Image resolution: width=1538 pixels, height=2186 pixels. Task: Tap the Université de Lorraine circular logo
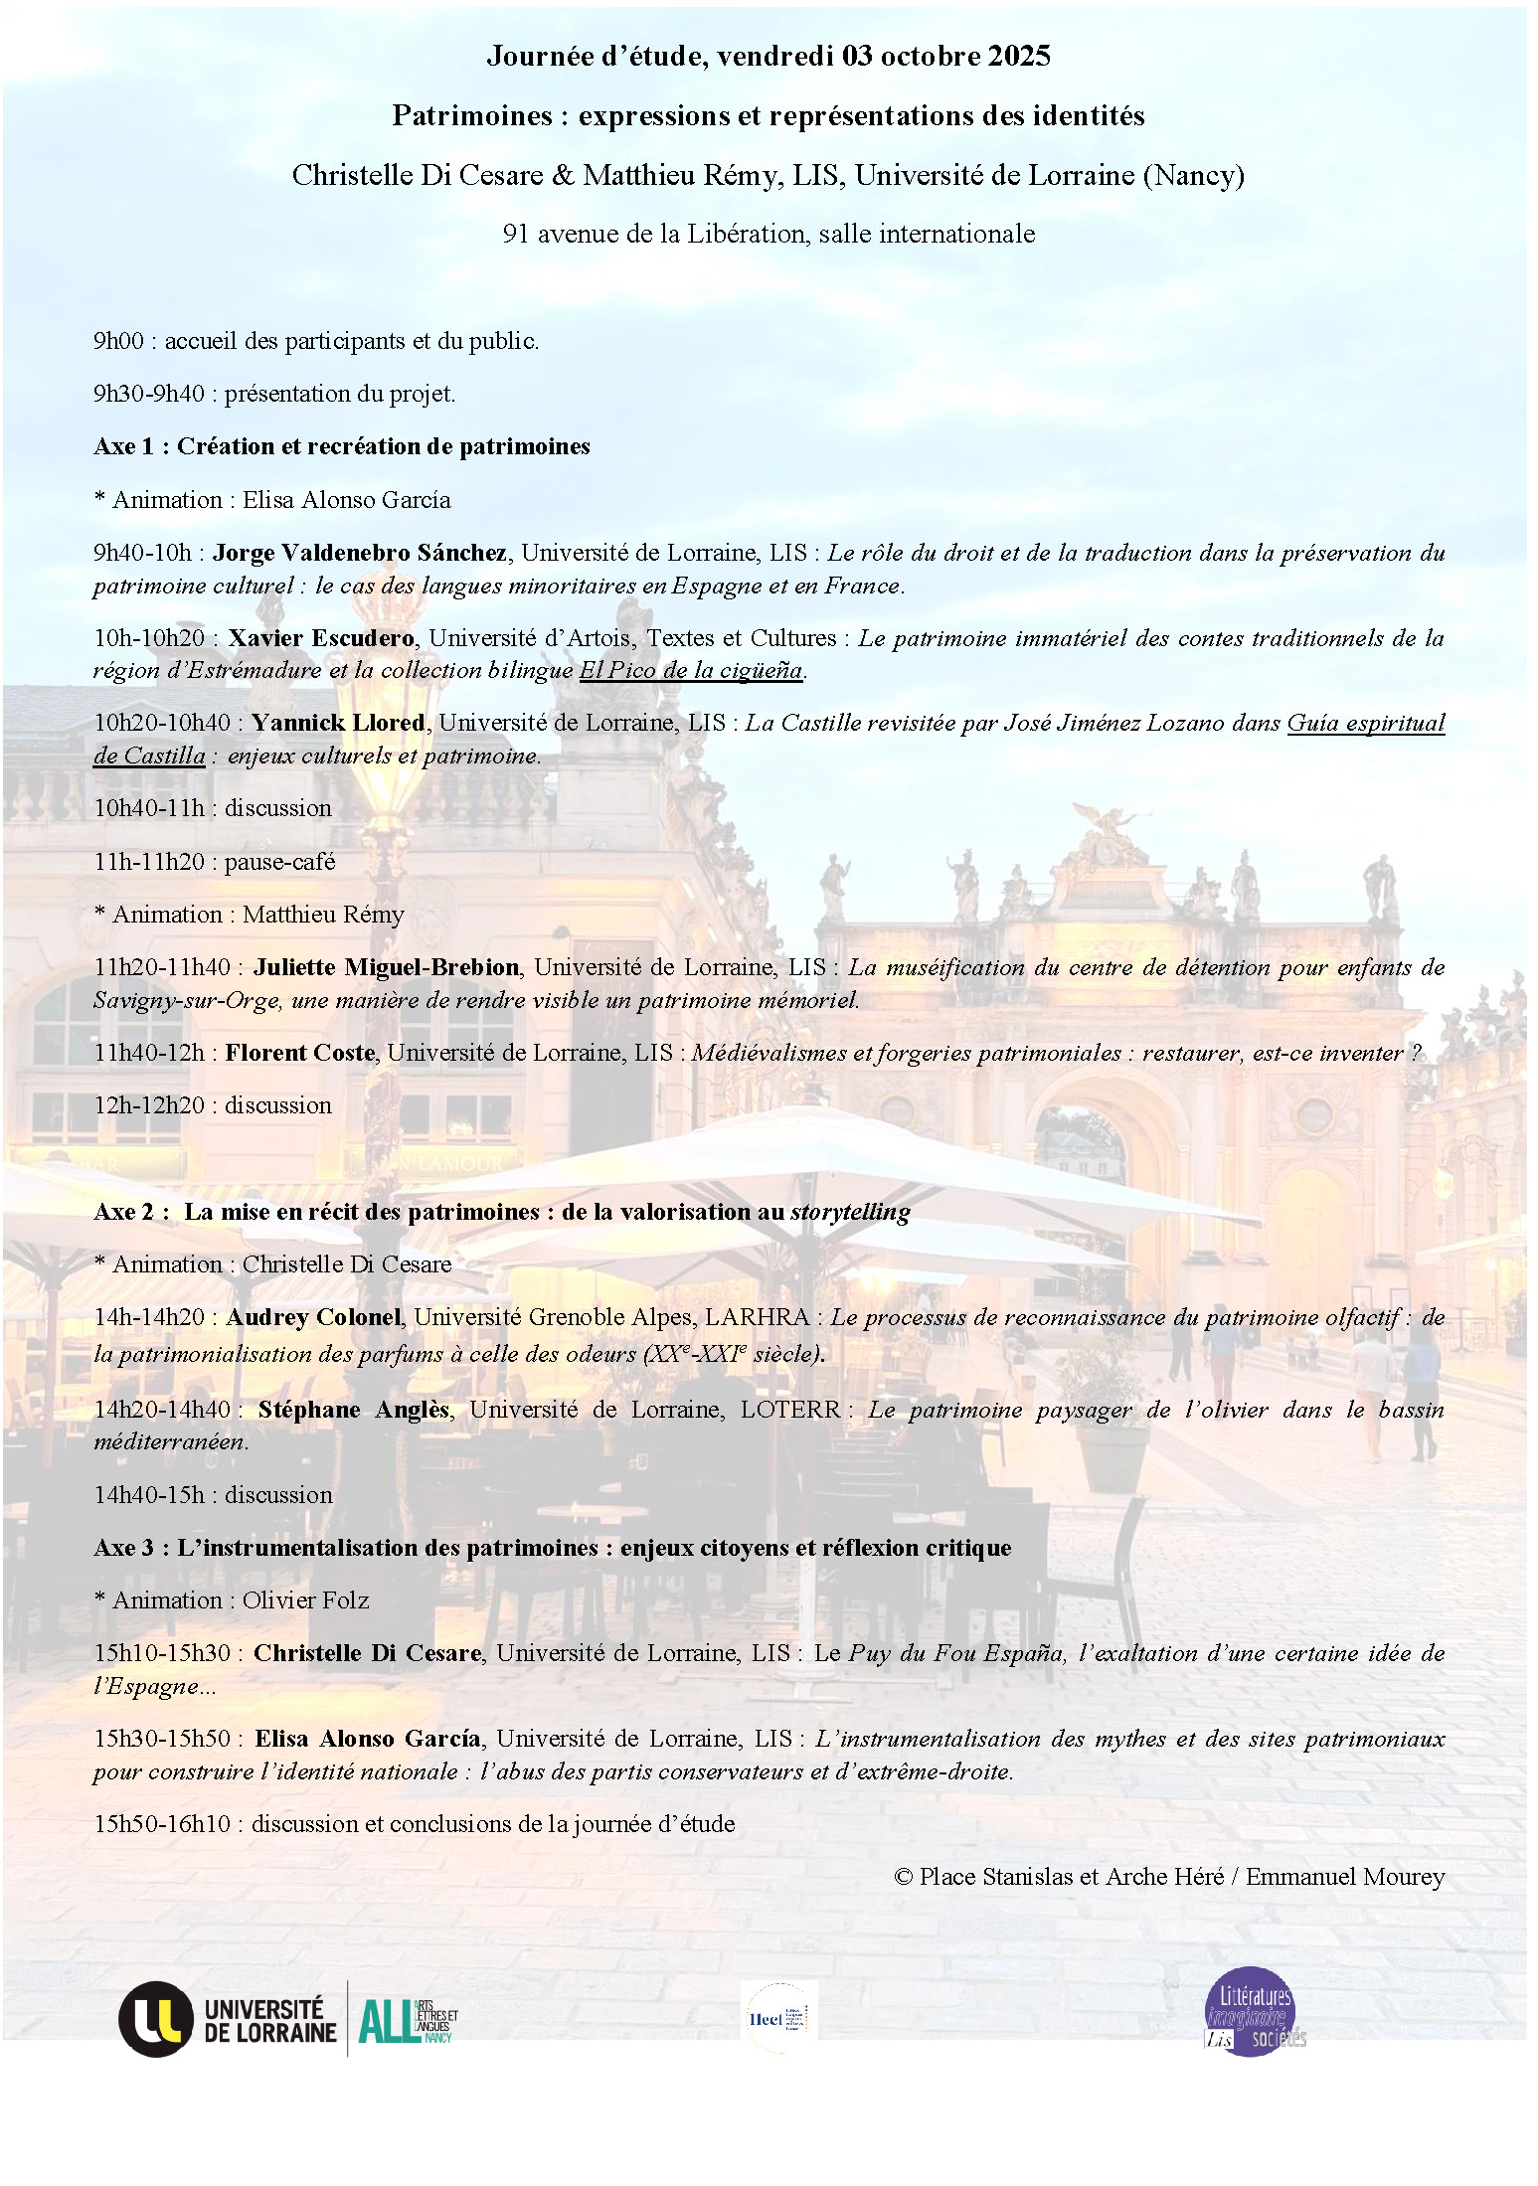pos(155,2019)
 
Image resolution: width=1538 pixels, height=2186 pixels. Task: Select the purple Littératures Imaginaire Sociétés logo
pos(1252,2010)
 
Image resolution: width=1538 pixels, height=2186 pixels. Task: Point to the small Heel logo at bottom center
pos(780,2018)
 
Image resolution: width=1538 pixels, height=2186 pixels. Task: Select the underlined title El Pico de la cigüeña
pos(691,671)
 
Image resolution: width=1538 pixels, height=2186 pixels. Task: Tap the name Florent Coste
pos(300,1053)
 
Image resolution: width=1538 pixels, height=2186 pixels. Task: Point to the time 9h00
pos(118,341)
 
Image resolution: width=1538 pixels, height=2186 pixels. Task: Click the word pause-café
pos(279,862)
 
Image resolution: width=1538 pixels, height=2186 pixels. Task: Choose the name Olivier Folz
pos(305,1600)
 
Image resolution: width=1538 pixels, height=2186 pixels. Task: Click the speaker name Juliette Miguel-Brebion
pos(386,967)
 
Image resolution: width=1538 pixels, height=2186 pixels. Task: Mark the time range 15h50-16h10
pos(161,1824)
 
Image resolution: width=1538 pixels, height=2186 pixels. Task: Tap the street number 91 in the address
pos(515,234)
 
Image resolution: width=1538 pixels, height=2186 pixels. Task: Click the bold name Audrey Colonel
pos(313,1317)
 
